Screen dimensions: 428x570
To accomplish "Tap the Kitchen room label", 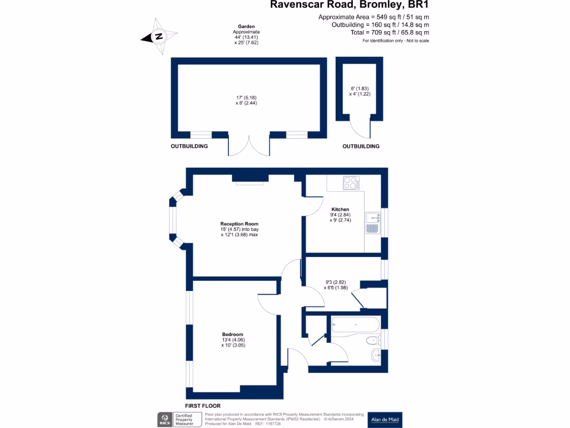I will (x=340, y=210).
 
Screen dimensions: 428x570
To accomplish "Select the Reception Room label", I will (x=239, y=223).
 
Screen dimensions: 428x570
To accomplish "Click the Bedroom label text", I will (x=233, y=334).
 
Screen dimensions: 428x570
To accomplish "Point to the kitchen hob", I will (x=351, y=183).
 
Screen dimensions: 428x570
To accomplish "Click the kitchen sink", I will (x=372, y=223).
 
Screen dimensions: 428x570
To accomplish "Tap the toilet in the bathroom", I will (x=372, y=341).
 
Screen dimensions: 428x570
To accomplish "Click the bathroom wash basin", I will (x=376, y=355).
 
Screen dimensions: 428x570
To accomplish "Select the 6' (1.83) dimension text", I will (x=359, y=89).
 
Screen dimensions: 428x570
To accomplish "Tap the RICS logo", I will (x=165, y=420).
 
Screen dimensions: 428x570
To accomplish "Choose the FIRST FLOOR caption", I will (x=207, y=406).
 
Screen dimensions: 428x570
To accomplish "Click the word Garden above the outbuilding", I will (x=246, y=27).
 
